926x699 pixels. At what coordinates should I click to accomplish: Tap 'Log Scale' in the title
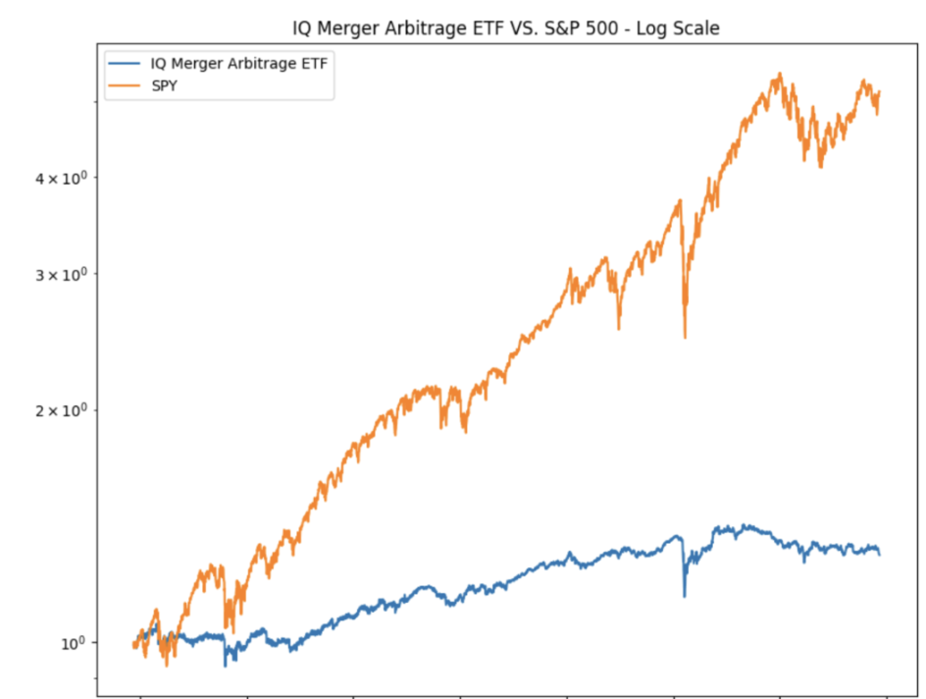(x=680, y=28)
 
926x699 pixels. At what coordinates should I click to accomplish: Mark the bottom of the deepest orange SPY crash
(x=685, y=338)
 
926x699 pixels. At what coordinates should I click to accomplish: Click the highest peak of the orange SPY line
(x=779, y=73)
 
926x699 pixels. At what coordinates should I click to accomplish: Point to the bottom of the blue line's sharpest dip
(x=685, y=596)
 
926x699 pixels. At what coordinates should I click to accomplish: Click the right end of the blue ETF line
(x=879, y=555)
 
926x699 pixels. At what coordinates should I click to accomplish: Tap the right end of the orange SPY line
(x=880, y=92)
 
